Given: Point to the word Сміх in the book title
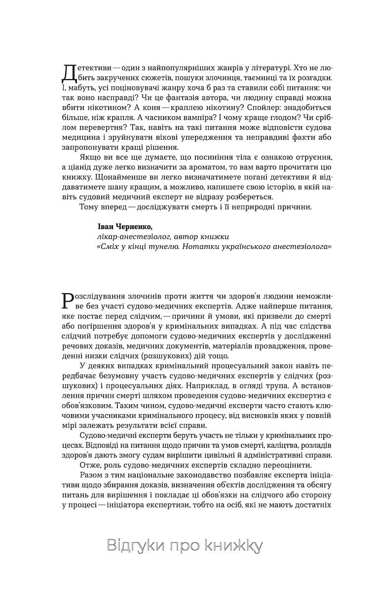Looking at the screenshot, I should tap(110, 246).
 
